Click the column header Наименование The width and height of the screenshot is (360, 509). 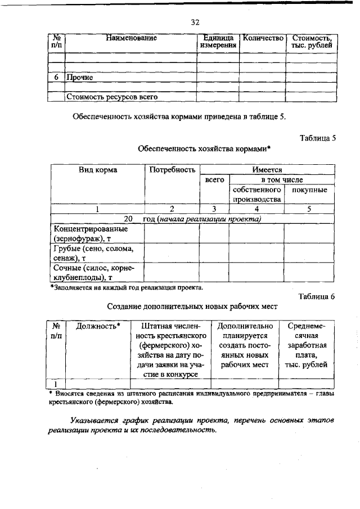point(130,38)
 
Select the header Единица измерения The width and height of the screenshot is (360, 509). point(218,42)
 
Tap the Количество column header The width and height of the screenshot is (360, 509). point(262,38)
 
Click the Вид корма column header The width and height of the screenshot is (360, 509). point(97,169)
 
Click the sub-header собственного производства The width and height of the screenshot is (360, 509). point(256,195)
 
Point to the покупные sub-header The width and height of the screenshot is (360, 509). point(309,190)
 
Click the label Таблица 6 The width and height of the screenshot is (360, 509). point(317,297)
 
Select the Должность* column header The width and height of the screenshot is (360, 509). point(98,326)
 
